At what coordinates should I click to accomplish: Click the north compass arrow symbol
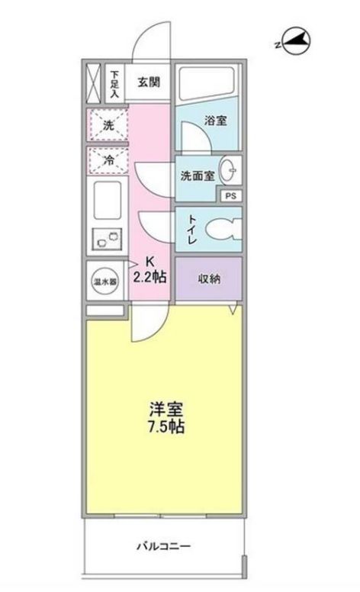click(294, 41)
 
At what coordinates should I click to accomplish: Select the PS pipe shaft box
click(230, 195)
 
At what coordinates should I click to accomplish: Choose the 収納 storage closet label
click(209, 278)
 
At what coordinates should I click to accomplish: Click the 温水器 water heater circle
click(104, 282)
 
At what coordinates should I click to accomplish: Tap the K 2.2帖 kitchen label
click(149, 269)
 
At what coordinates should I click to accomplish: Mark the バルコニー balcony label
click(164, 546)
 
